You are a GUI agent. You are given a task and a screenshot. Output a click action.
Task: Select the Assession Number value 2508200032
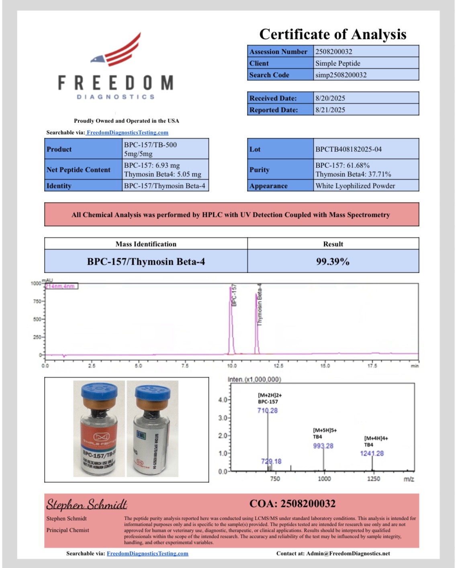(334, 51)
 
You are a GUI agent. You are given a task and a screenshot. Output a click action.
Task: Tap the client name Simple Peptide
(338, 63)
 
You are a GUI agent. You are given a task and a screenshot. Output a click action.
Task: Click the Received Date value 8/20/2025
(330, 98)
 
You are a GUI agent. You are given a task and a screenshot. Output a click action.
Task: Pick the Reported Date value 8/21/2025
(330, 110)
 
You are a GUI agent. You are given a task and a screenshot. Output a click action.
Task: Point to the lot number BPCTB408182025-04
(348, 149)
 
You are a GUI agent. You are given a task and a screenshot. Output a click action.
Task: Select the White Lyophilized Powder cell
(355, 186)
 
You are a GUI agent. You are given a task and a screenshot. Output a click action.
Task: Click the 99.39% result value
(333, 262)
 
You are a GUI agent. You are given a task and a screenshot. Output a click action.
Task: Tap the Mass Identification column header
(146, 244)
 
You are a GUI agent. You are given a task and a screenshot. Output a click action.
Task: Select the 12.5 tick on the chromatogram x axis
(278, 366)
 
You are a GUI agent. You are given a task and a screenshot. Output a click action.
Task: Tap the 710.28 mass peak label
(268, 411)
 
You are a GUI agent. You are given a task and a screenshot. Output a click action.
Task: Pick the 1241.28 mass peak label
(372, 454)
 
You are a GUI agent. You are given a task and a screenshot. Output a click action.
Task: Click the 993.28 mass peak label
(323, 446)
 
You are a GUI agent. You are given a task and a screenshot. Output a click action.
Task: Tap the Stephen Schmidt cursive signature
(86, 504)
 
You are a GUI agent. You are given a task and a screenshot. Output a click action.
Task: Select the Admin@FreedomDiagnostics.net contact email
(348, 554)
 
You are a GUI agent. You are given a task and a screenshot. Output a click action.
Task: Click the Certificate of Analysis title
(333, 34)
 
